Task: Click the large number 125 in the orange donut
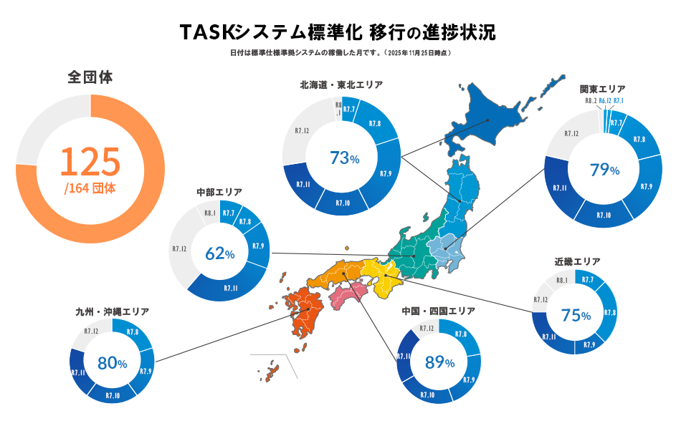click(90, 162)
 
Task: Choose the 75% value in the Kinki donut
click(576, 315)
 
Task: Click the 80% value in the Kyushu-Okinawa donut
click(112, 364)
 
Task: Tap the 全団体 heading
click(90, 77)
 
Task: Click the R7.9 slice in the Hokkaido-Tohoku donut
click(386, 174)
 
